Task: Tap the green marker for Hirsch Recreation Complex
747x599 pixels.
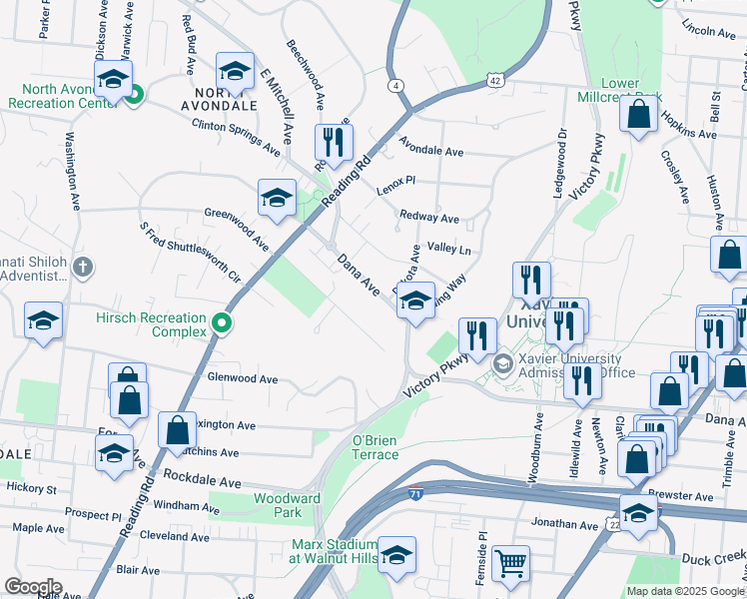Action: click(225, 323)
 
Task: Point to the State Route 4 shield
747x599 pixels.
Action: click(397, 85)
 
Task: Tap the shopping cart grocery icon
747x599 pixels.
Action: click(511, 562)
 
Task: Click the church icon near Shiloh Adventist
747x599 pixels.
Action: click(83, 268)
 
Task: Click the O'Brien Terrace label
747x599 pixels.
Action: click(375, 446)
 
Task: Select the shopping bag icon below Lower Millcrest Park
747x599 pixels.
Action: click(638, 115)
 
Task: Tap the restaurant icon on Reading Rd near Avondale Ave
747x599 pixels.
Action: click(334, 142)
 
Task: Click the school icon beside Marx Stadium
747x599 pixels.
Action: click(396, 554)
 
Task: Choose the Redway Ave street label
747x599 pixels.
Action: click(428, 217)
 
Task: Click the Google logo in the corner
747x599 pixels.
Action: click(34, 587)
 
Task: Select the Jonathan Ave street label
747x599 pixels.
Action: click(564, 523)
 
